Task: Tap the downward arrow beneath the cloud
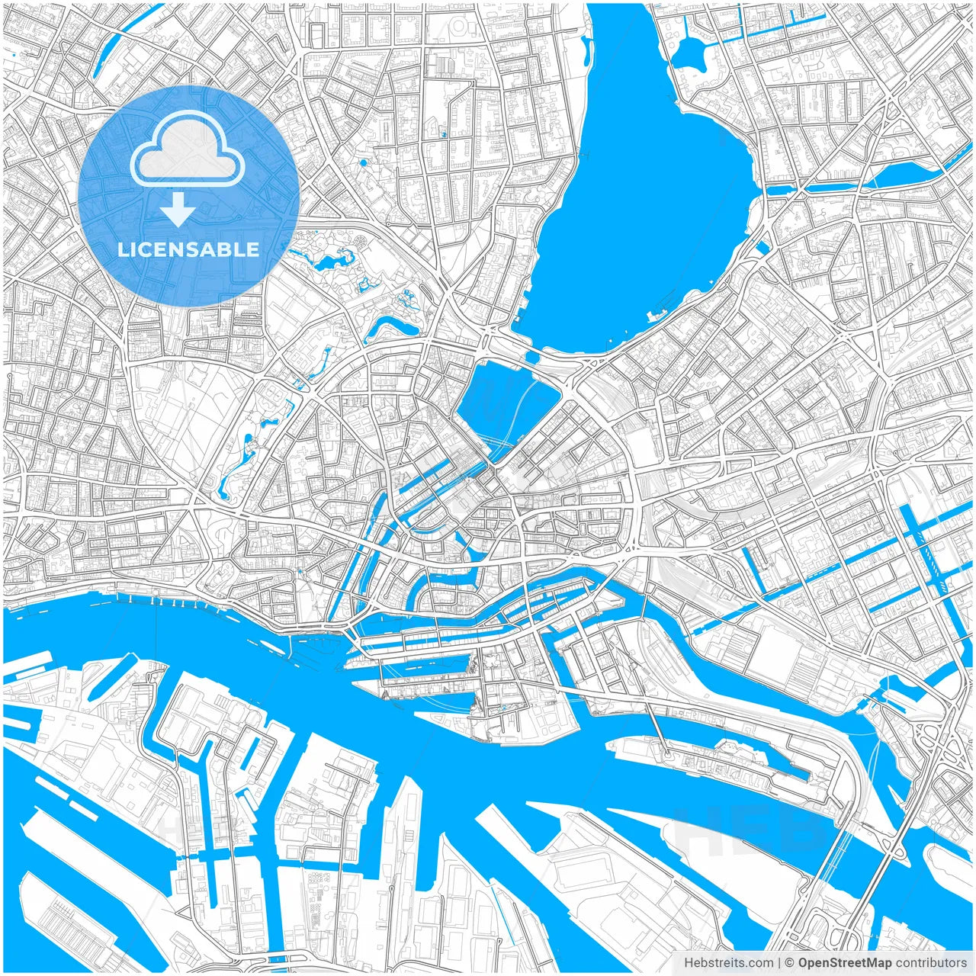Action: (178, 209)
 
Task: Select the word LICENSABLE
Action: (188, 249)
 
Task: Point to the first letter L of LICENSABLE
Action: (123, 249)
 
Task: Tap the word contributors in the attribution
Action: (931, 963)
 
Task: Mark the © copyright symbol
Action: (790, 963)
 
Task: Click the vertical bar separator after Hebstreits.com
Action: (779, 963)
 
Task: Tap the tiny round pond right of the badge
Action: (362, 162)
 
